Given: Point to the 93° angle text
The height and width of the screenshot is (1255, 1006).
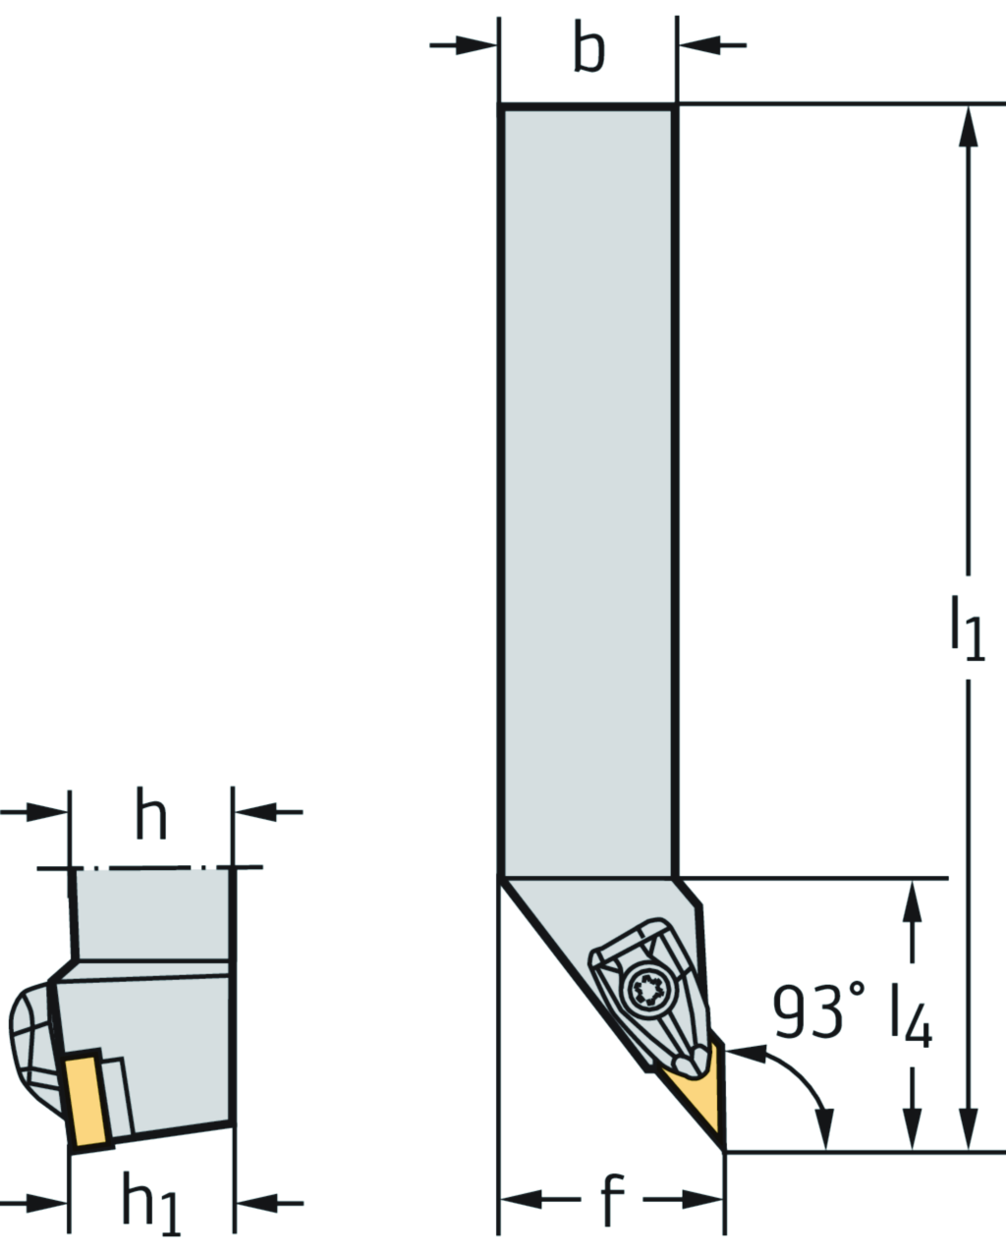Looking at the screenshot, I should pyautogui.click(x=819, y=1011).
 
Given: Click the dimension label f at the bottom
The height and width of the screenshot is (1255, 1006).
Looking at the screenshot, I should pyautogui.click(x=611, y=1199).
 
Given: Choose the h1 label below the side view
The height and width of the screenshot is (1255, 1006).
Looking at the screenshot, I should pyautogui.click(x=150, y=1202).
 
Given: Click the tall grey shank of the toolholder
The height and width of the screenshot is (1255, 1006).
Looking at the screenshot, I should pyautogui.click(x=587, y=491).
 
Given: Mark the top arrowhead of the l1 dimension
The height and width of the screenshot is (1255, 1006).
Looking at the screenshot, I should pyautogui.click(x=972, y=128).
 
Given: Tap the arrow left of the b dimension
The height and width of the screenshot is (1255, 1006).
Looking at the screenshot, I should pyautogui.click(x=477, y=45).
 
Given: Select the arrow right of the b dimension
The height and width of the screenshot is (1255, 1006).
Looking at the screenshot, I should pyautogui.click(x=698, y=45).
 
